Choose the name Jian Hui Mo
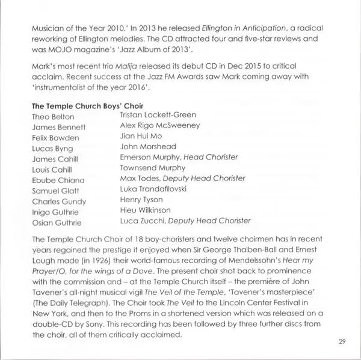[141, 136]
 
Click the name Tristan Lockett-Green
[158, 114]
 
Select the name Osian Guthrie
[57, 223]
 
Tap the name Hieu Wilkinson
[146, 210]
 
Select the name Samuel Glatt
[58, 191]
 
